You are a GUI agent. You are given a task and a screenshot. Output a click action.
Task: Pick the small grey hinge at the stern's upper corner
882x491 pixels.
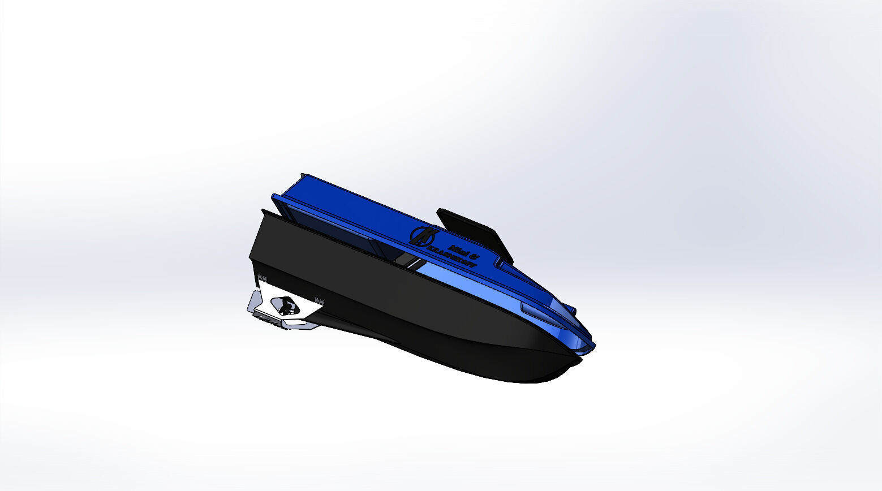(x=262, y=278)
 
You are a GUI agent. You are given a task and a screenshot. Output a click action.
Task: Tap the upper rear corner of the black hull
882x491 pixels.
(x=264, y=212)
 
